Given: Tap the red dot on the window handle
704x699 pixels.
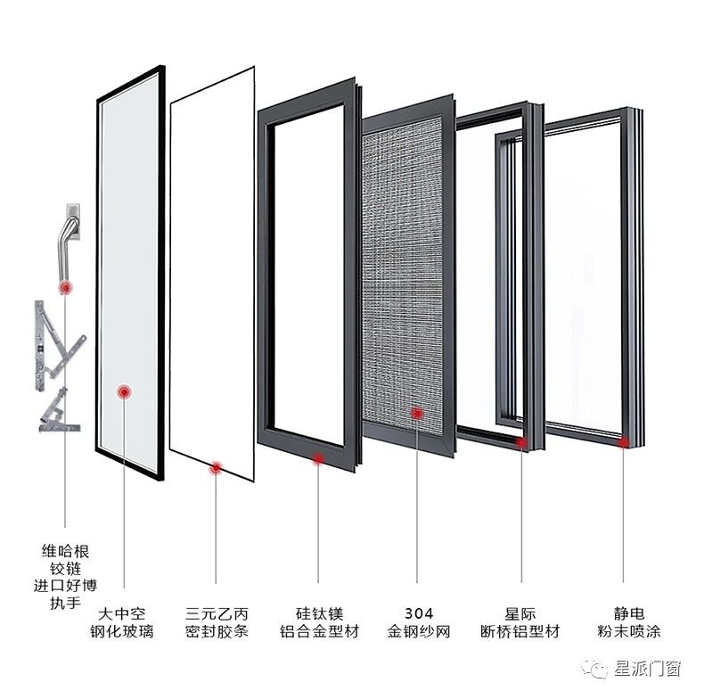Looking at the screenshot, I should pyautogui.click(x=64, y=287).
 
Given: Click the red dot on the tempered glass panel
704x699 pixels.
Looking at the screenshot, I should pyautogui.click(x=124, y=391).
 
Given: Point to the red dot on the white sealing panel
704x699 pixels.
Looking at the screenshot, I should pyautogui.click(x=216, y=467).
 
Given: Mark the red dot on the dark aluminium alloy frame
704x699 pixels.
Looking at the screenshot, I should pyautogui.click(x=318, y=458).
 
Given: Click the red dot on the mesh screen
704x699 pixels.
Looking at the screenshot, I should pyautogui.click(x=416, y=412).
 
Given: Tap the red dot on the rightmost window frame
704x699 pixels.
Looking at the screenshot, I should pyautogui.click(x=625, y=441).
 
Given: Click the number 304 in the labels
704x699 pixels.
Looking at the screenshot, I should pyautogui.click(x=418, y=613).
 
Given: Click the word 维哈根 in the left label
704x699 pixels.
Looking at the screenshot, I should pyautogui.click(x=66, y=550).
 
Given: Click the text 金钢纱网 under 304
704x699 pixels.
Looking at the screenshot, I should pyautogui.click(x=418, y=632).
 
